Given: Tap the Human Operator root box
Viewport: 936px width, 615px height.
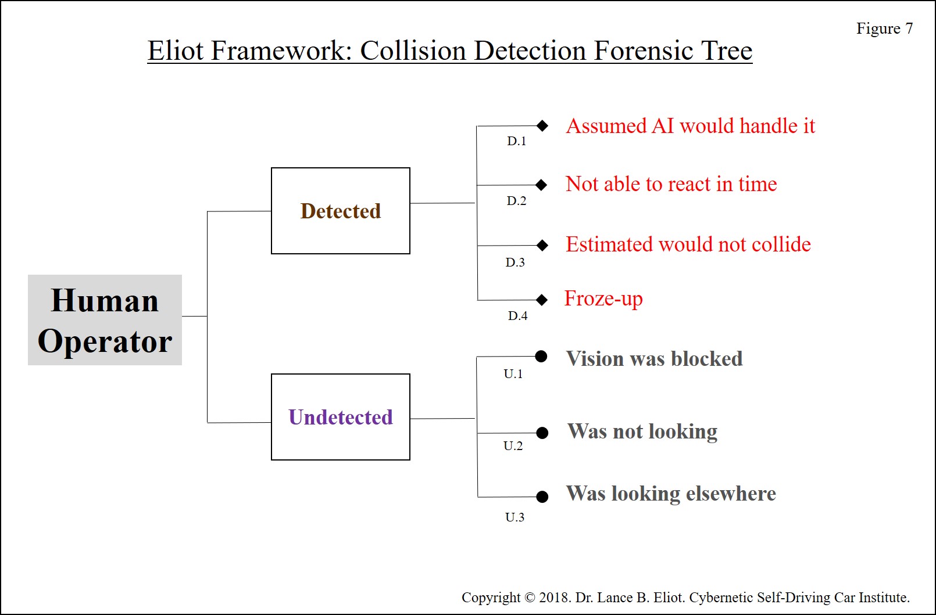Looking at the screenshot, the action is click(105, 320).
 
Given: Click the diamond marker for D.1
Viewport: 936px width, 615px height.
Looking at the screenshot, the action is click(542, 125).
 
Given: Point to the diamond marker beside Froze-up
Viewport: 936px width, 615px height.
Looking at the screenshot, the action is click(542, 300).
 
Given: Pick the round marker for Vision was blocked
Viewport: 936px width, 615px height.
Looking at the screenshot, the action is click(541, 356).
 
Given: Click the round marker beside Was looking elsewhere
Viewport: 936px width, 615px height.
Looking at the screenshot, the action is click(542, 497).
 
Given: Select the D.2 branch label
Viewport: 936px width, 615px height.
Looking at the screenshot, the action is click(516, 201).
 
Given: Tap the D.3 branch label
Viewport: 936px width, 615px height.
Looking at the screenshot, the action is click(515, 262).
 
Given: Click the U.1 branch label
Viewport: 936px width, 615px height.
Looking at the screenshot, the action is click(513, 373).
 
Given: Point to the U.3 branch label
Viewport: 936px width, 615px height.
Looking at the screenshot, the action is click(515, 517).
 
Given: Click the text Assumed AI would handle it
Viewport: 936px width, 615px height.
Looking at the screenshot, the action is click(690, 125).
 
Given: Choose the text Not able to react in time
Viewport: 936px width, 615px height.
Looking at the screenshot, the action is click(671, 184).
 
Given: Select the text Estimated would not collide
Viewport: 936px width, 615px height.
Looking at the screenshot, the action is click(688, 244).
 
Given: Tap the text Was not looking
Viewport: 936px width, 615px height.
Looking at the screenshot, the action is click(642, 431).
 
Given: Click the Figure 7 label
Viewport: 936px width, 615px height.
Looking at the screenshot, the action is click(885, 28).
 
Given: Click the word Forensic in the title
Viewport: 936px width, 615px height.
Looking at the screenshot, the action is click(644, 51).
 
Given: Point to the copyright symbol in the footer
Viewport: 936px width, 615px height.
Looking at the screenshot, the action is click(530, 598).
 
